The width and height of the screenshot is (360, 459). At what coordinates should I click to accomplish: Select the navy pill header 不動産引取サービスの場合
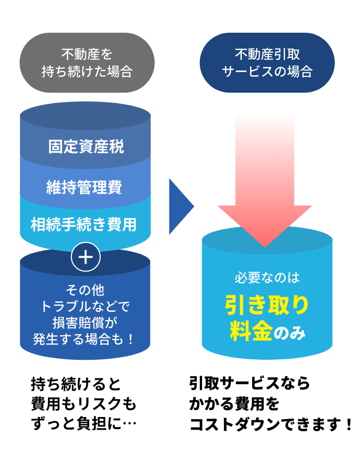coord(267,63)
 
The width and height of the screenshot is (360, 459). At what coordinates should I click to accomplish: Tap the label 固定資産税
coord(86,147)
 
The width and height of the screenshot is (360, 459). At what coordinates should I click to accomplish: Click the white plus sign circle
coord(86,257)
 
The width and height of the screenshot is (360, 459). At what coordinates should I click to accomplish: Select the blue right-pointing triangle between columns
coord(180,206)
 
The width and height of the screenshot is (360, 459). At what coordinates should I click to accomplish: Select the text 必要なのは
coord(267,277)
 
